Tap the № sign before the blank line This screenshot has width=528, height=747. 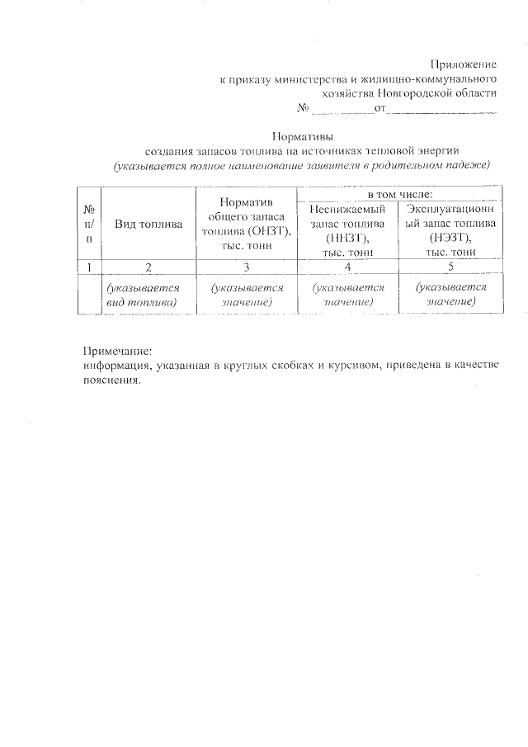tap(302, 109)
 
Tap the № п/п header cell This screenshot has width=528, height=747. tap(88, 225)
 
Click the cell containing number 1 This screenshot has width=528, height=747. tap(88, 267)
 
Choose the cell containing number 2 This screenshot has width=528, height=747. tap(148, 267)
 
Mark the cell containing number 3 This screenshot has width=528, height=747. tap(246, 267)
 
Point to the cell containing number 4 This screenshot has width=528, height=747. tap(347, 267)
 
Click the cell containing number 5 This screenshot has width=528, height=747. tap(450, 267)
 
